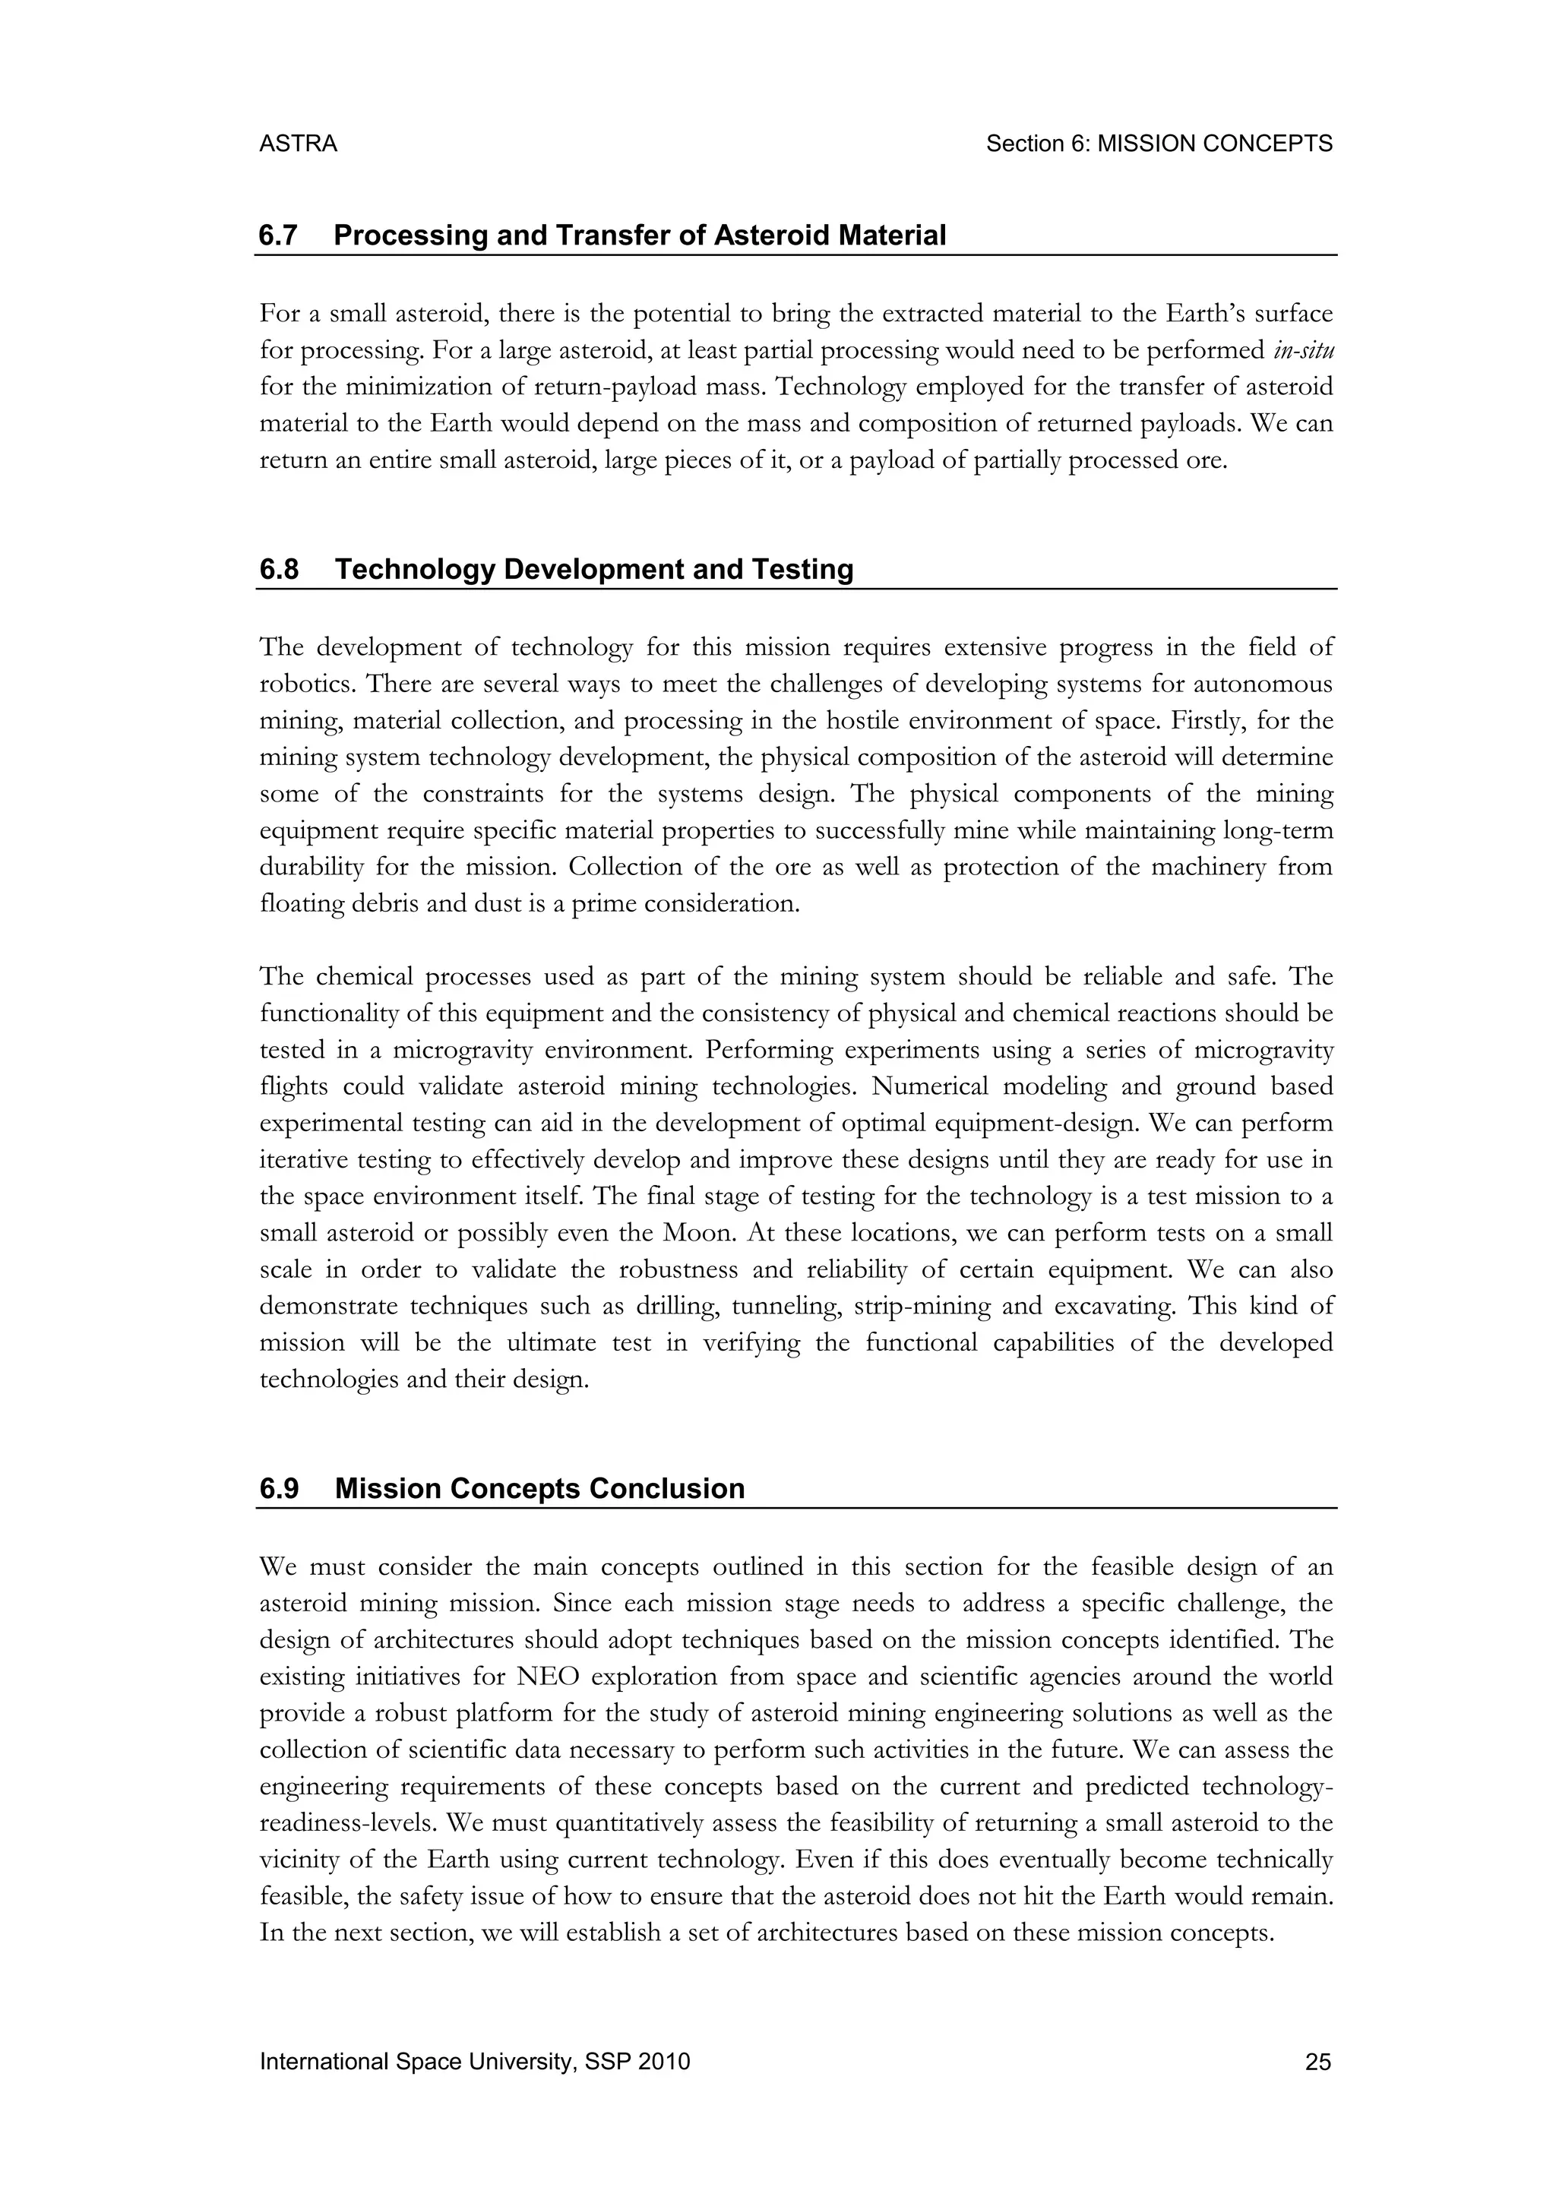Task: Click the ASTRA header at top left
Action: (298, 144)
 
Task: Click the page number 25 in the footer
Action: (1317, 2062)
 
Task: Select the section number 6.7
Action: (278, 235)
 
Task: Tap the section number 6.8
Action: (279, 569)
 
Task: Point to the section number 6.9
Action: (279, 1488)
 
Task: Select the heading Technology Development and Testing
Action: (594, 569)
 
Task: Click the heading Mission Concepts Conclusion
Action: (539, 1488)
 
